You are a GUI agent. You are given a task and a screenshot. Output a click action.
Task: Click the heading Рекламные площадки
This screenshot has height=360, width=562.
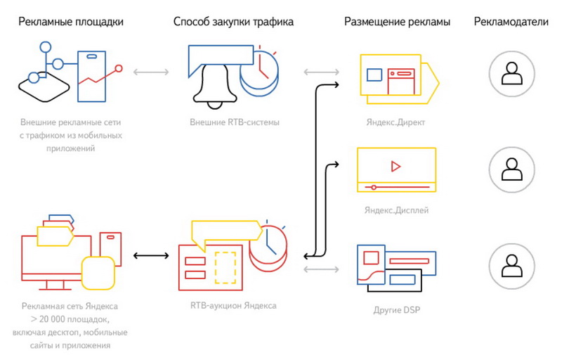71,22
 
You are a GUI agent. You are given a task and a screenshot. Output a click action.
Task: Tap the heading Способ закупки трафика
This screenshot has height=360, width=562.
233,22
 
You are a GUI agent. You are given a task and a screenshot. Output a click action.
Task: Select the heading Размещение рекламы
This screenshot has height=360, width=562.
397,22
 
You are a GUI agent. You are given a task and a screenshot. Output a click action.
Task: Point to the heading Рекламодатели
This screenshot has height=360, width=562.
511,22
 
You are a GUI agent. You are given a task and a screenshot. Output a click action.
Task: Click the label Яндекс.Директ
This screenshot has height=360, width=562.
396,122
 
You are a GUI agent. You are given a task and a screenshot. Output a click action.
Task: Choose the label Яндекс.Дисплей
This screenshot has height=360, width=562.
396,210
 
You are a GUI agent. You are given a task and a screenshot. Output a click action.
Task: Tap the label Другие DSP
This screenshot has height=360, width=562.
397,309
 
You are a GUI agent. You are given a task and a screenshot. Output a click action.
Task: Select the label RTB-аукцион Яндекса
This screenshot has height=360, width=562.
233,306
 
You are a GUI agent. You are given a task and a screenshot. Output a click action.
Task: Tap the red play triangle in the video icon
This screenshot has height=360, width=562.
396,167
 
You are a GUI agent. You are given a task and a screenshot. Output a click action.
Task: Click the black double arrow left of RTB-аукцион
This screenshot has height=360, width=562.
151,256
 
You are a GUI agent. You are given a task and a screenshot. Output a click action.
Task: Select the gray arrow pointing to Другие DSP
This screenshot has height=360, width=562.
322,269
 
